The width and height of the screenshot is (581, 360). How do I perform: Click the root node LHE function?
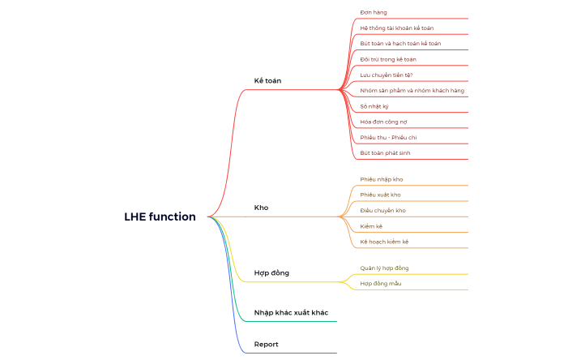click(160, 216)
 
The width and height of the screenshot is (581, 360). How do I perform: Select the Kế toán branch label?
click(267, 80)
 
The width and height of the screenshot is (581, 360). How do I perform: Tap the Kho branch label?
click(261, 208)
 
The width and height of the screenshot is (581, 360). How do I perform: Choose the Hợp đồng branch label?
click(271, 272)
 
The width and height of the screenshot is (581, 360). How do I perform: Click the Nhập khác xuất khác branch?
click(291, 312)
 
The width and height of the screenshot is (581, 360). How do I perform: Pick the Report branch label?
click(266, 344)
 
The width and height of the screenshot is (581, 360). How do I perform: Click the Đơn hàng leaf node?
click(374, 12)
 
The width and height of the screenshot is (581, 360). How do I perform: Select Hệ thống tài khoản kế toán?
click(396, 28)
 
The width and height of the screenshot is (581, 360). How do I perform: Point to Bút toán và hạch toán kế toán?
click(400, 43)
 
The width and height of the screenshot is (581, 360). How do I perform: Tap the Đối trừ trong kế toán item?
click(388, 59)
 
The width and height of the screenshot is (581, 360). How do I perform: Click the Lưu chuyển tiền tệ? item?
click(387, 75)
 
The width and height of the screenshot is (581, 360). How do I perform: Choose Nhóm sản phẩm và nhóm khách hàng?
click(412, 90)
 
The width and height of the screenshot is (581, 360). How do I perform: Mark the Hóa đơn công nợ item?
click(383, 122)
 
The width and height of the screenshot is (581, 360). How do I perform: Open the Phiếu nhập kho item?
click(382, 178)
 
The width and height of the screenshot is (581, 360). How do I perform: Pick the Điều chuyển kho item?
click(382, 210)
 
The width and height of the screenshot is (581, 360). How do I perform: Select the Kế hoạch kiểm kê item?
click(384, 242)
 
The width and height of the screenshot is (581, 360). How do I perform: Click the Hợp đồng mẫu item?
click(381, 283)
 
